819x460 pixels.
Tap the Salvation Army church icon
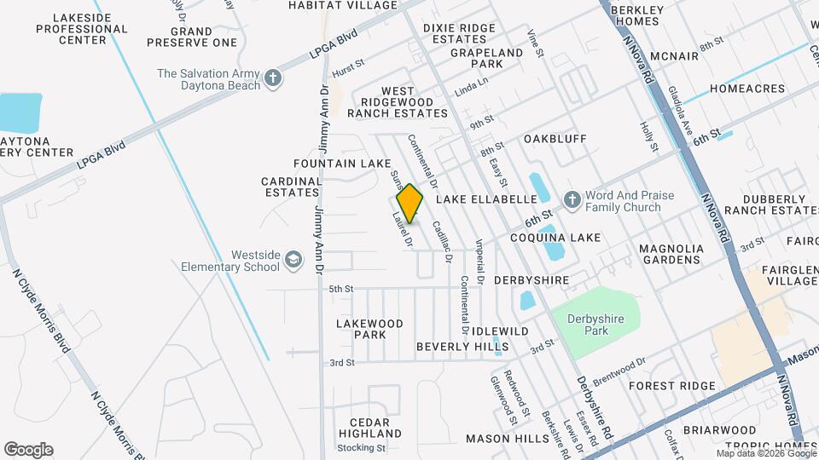[x=273, y=79]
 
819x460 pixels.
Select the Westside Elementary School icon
[x=293, y=259]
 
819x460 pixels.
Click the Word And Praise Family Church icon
[x=572, y=200]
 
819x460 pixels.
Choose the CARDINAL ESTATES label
[x=291, y=187]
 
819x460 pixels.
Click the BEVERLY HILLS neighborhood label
[x=462, y=347]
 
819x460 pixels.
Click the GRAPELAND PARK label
[x=486, y=58]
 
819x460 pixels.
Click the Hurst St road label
[x=348, y=69]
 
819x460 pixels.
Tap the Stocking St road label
[x=357, y=447]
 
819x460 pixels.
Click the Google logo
[x=28, y=449]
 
